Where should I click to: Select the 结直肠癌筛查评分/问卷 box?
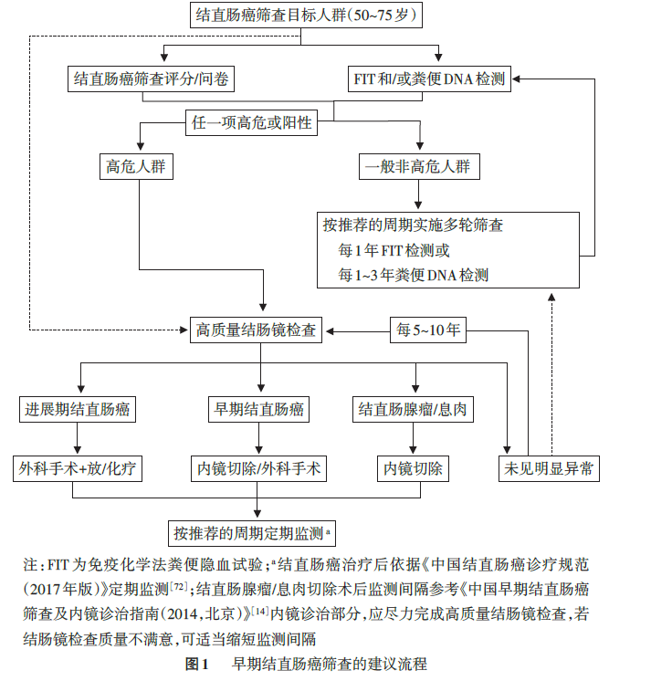point(152,79)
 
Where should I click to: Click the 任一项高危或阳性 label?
point(251,124)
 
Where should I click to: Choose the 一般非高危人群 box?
point(419,167)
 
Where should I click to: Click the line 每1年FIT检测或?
point(394,249)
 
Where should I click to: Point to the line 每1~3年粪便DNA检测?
point(413,274)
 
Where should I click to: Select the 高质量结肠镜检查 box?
point(257,330)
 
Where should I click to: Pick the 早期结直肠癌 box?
point(258,409)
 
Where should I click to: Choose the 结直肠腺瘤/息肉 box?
point(413,409)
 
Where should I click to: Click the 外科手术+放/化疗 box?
point(80,469)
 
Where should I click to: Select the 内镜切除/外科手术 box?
point(258,469)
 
